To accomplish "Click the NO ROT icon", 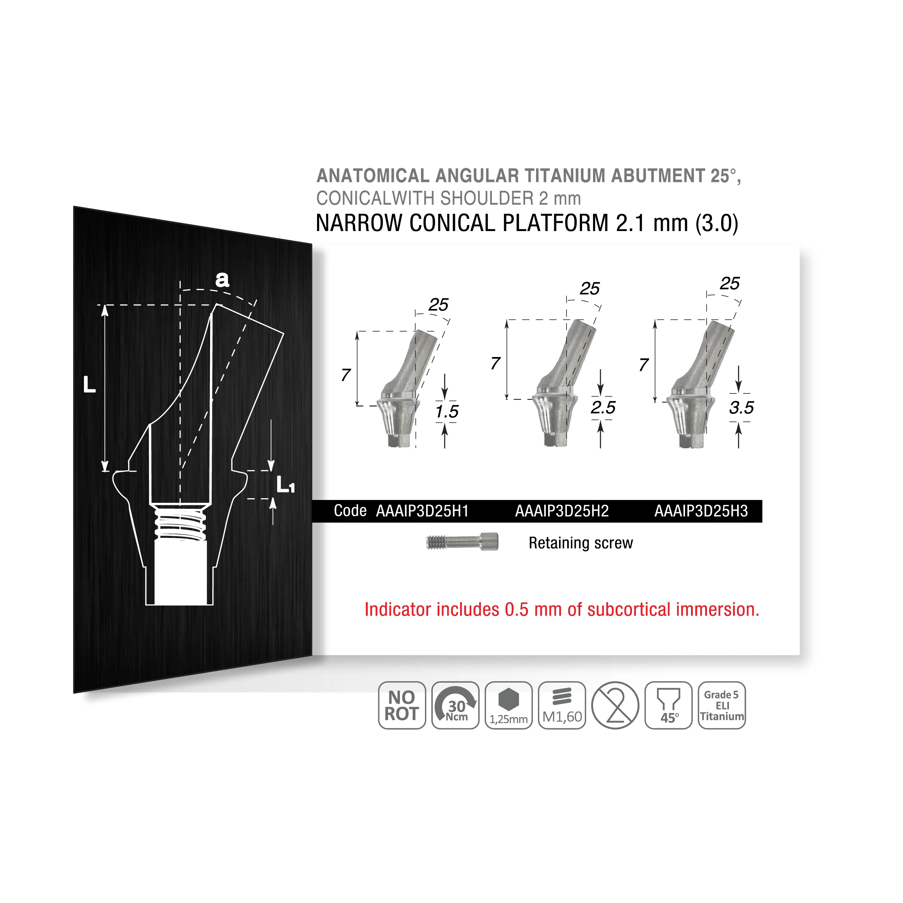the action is pyautogui.click(x=402, y=705).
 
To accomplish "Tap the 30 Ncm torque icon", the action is pyautogui.click(x=455, y=705).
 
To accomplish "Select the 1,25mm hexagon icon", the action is pyautogui.click(x=508, y=705).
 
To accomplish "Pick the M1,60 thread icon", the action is pyautogui.click(x=562, y=705).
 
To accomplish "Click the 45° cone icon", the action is pyautogui.click(x=668, y=705).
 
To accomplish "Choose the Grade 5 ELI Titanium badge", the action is pyautogui.click(x=721, y=705).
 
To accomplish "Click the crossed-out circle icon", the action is pyautogui.click(x=615, y=705).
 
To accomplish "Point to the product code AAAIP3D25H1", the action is pyautogui.click(x=422, y=511).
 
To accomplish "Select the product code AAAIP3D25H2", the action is pyautogui.click(x=562, y=511).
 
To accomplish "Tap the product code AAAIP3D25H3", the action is pyautogui.click(x=701, y=511).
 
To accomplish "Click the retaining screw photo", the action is pyautogui.click(x=462, y=542).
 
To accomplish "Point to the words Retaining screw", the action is pyautogui.click(x=581, y=543).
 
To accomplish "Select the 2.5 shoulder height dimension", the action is pyautogui.click(x=603, y=408).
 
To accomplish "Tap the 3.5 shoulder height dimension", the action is pyautogui.click(x=741, y=408).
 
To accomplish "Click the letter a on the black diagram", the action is pyautogui.click(x=222, y=279).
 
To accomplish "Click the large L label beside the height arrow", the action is pyautogui.click(x=89, y=384).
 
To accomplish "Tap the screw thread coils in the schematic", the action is pyautogui.click(x=180, y=523).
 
